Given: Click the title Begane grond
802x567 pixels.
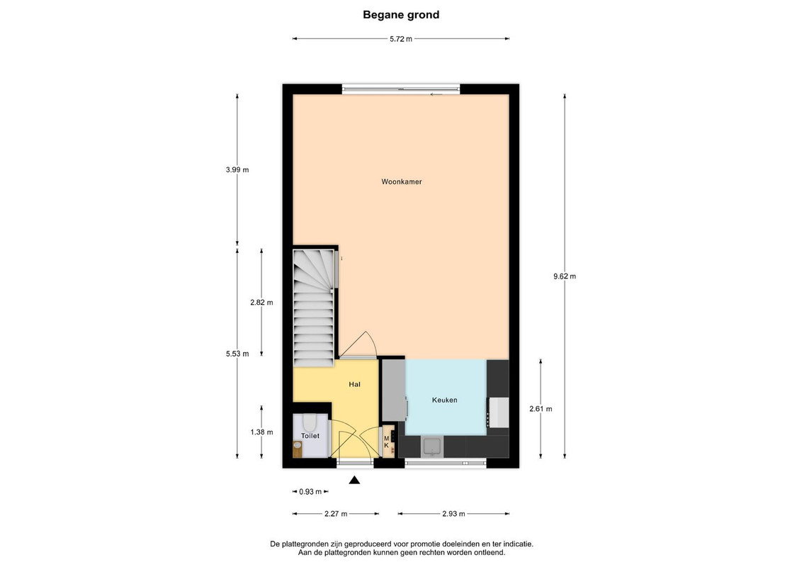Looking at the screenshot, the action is click(x=401, y=15).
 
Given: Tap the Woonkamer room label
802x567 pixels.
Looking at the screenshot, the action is click(x=402, y=181).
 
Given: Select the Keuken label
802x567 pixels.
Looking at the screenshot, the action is click(x=444, y=400).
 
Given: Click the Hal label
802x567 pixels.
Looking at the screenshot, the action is click(x=354, y=384).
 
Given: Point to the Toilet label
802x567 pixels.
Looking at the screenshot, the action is click(x=310, y=436).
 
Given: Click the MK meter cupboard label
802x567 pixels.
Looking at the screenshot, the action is click(x=387, y=442).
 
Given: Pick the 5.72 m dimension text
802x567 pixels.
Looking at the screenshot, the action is click(x=401, y=39).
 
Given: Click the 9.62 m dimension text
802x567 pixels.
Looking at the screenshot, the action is click(x=565, y=276).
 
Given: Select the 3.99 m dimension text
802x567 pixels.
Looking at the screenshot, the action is click(x=237, y=170).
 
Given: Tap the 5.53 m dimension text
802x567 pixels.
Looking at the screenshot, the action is click(x=237, y=354).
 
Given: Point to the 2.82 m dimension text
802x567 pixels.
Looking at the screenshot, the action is click(x=261, y=303).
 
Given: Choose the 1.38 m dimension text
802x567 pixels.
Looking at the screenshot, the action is click(x=261, y=432).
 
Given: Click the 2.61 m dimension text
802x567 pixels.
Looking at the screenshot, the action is click(x=541, y=409).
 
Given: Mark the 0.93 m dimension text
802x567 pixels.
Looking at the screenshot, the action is click(x=310, y=492).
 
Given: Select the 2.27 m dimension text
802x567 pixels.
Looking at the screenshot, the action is click(x=336, y=514).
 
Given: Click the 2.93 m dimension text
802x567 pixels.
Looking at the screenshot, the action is click(x=453, y=514).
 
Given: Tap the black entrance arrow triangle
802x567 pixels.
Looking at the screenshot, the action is click(x=354, y=480).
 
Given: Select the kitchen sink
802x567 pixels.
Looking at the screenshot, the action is click(x=432, y=447).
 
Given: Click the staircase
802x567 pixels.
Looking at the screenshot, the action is click(x=314, y=307).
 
